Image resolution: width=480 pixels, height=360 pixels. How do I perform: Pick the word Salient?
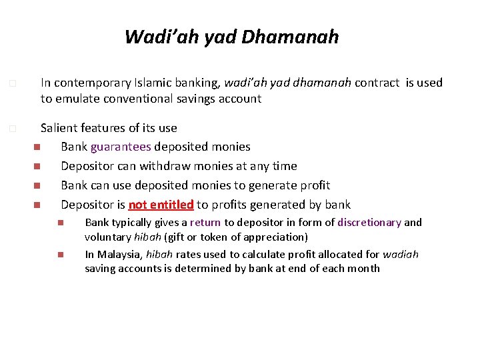click(59, 127)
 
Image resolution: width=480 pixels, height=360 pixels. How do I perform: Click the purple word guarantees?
click(121, 147)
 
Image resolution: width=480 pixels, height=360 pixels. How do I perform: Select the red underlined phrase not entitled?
click(161, 205)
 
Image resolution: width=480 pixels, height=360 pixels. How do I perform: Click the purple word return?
click(205, 223)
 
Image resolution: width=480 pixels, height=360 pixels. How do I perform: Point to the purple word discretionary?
click(369, 223)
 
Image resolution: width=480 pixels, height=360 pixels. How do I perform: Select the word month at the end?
click(364, 269)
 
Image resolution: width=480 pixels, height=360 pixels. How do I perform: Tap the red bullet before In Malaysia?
click(60, 255)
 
